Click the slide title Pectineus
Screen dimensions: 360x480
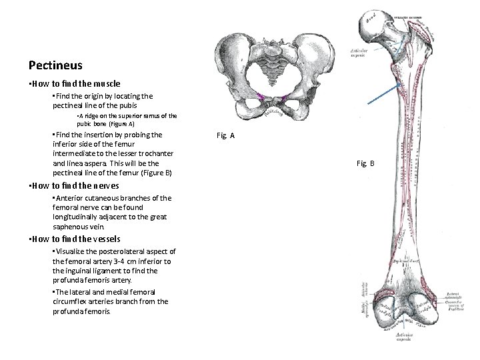(56, 65)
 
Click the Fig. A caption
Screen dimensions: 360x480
(226, 135)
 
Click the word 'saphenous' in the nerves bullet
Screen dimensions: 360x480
(73, 227)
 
